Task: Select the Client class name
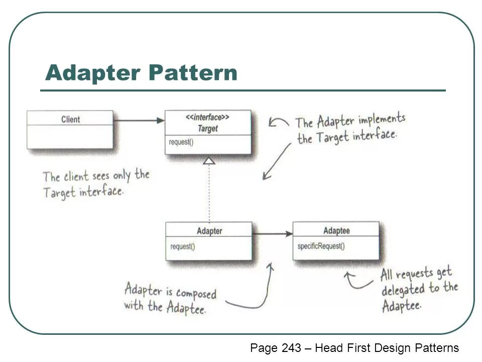(x=70, y=119)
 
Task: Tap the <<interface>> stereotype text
(x=207, y=118)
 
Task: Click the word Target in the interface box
(x=207, y=129)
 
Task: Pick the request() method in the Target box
(x=181, y=142)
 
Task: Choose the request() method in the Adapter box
(x=183, y=246)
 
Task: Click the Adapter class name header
(x=209, y=231)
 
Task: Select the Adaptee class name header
(x=336, y=231)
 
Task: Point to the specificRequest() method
(x=321, y=246)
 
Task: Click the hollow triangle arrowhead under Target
(x=209, y=160)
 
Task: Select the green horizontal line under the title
(x=243, y=90)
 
